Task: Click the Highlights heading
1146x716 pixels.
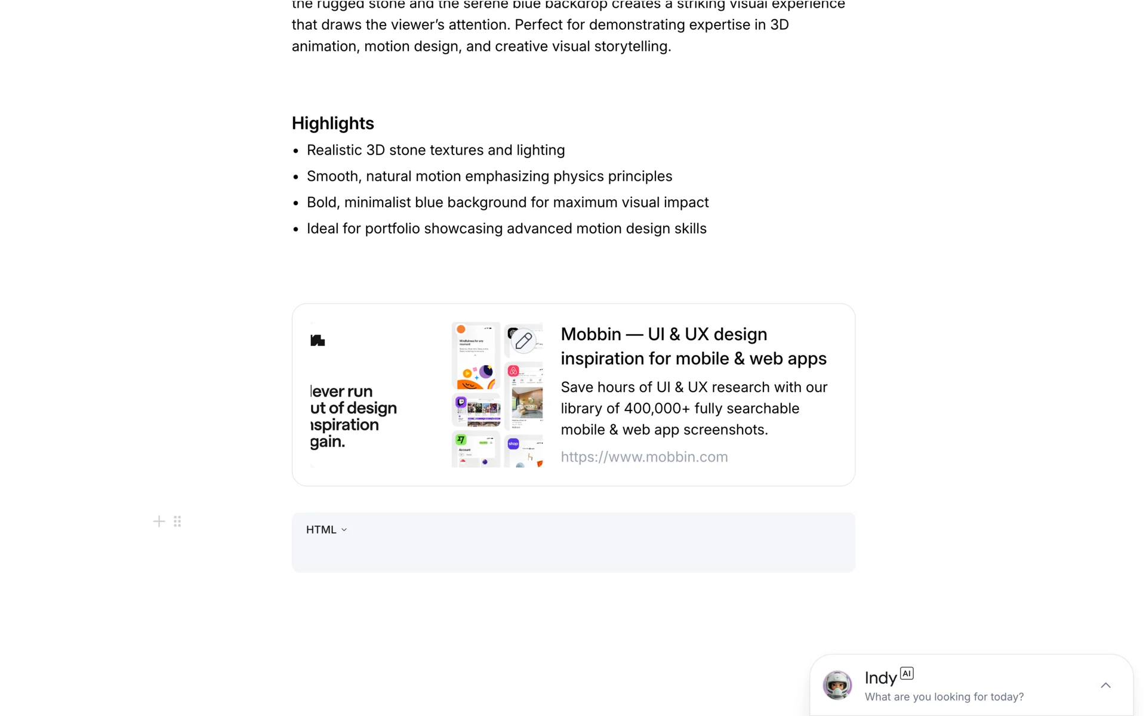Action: (332, 124)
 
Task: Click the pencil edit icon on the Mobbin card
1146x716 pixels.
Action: (523, 341)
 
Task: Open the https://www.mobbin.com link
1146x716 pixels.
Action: (644, 457)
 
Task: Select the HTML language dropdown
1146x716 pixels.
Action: (326, 530)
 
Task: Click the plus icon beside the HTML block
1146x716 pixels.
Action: (159, 521)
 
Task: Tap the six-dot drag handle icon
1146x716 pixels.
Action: (177, 521)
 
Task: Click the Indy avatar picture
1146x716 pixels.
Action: (837, 685)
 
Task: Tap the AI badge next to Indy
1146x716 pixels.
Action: (907, 674)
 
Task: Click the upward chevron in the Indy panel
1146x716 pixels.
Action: (1105, 686)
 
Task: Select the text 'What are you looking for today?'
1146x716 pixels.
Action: (944, 697)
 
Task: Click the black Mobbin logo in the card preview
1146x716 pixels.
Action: (318, 341)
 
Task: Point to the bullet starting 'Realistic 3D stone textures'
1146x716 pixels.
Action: (435, 150)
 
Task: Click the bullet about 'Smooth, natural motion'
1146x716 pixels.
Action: (489, 177)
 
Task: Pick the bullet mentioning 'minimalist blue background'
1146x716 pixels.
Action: (507, 203)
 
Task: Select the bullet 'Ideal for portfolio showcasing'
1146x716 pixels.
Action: (506, 229)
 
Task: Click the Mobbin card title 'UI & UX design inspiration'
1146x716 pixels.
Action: (693, 347)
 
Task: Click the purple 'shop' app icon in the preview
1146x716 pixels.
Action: (513, 444)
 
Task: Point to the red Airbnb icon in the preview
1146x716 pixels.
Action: (513, 371)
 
